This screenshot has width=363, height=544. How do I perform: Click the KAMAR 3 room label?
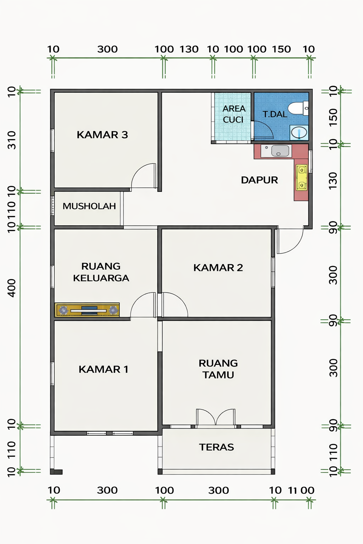pyautogui.click(x=102, y=135)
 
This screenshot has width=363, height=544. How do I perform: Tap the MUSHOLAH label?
pyautogui.click(x=89, y=206)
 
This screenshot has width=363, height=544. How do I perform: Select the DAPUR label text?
pyautogui.click(x=259, y=180)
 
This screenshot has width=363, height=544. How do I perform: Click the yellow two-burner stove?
pyautogui.click(x=301, y=177)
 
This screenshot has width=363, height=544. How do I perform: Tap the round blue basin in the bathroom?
pyautogui.click(x=299, y=133)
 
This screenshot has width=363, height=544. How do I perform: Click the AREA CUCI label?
pyautogui.click(x=234, y=114)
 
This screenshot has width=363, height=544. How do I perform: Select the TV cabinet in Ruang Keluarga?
pyautogui.click(x=87, y=310)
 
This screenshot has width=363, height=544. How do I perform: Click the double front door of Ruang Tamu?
pyautogui.click(x=216, y=418)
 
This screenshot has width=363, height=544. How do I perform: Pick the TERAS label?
pyautogui.click(x=216, y=447)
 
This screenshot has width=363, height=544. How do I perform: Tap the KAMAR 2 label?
pyautogui.click(x=218, y=268)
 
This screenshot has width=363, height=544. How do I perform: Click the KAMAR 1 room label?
pyautogui.click(x=103, y=369)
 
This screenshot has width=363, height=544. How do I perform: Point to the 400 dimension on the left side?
pyautogui.click(x=12, y=288)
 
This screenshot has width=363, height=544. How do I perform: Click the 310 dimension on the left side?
pyautogui.click(x=12, y=140)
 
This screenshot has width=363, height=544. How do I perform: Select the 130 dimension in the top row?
pyautogui.click(x=189, y=49)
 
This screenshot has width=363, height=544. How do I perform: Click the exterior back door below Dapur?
pyautogui.click(x=289, y=241)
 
